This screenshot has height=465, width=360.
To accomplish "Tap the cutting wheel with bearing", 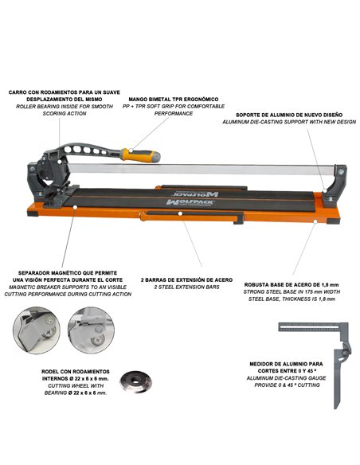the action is tap(136, 381).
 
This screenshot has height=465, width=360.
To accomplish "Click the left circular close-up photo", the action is tap(37, 330).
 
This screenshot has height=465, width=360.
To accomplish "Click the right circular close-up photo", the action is tap(91, 330).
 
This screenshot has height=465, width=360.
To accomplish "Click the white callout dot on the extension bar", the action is tap(180, 213).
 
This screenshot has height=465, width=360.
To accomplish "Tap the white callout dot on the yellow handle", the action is tap(131, 150).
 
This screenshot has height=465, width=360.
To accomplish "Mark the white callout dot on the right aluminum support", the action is tap(325, 190).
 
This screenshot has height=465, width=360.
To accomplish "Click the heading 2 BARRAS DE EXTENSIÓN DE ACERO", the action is tap(187, 279).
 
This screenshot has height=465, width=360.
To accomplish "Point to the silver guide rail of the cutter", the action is tap(202, 170).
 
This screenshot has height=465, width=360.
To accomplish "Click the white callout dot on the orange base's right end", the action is tap(315, 221).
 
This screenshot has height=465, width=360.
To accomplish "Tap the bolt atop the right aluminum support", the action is tap(341, 171).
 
